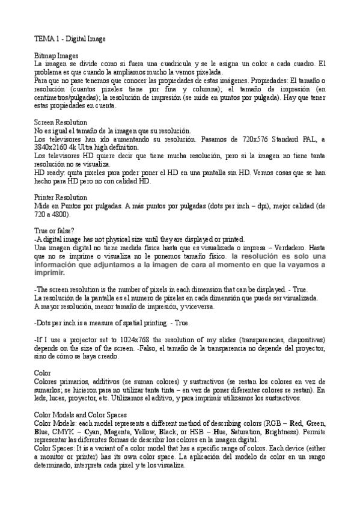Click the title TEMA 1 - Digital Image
click(x=70, y=39)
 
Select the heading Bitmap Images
click(x=57, y=55)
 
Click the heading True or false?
click(x=55, y=230)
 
